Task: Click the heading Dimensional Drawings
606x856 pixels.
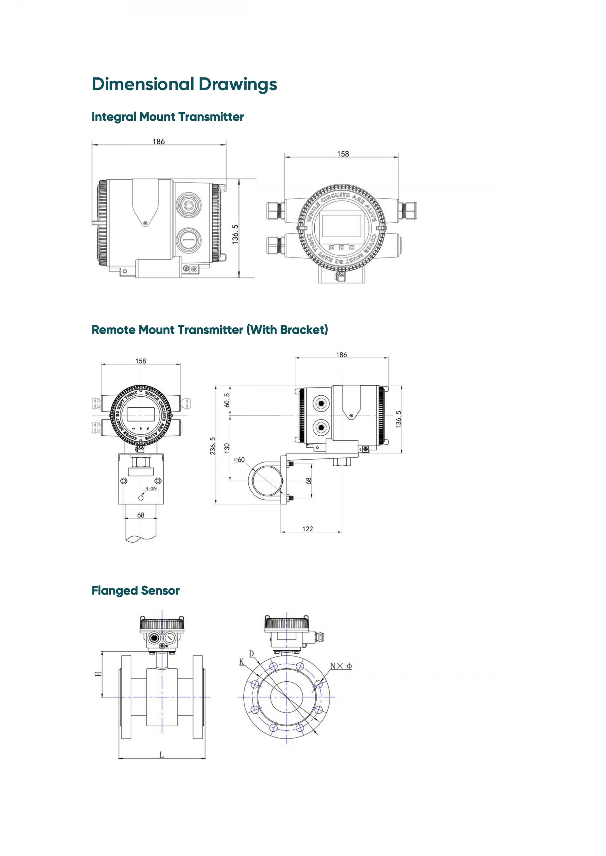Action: tap(184, 84)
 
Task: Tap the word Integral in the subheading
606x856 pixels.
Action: tap(114, 117)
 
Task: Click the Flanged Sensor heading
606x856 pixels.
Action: tap(135, 591)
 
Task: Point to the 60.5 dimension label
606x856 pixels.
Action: tap(227, 400)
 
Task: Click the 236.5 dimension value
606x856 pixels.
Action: tap(213, 446)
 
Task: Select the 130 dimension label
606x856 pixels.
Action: tap(227, 448)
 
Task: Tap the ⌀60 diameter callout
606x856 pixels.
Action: tap(239, 460)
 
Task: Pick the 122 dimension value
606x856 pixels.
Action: tap(307, 529)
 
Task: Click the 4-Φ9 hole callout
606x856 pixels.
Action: tap(151, 488)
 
